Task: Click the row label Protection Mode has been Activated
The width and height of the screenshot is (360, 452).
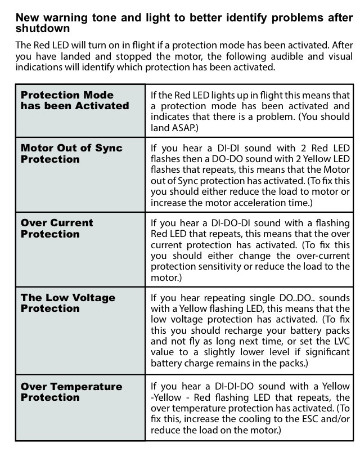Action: point(75,100)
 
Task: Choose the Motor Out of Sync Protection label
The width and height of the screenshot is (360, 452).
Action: point(71,154)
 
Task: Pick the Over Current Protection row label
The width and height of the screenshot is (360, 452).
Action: point(57,229)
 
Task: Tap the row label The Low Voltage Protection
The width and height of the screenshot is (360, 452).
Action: point(67,303)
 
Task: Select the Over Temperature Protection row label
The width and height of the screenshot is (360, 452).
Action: point(71,392)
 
